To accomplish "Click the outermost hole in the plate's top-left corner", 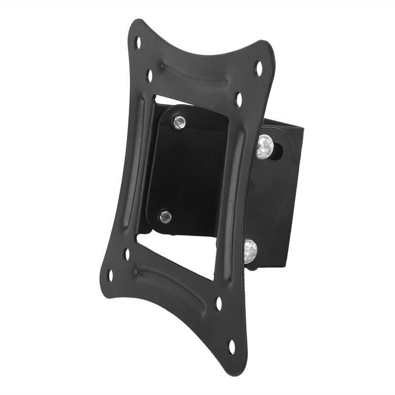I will click(x=138, y=43).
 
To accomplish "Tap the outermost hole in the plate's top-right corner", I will click(x=258, y=68).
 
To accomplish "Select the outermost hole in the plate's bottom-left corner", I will click(x=110, y=275).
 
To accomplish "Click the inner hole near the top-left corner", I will click(x=150, y=76).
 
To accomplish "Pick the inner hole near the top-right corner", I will click(x=239, y=99).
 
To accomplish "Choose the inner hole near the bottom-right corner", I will click(x=219, y=303).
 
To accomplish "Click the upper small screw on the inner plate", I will click(x=179, y=122).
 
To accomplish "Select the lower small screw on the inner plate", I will click(x=165, y=216).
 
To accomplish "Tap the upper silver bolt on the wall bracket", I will click(x=265, y=146).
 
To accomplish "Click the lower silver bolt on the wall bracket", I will click(x=250, y=251).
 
